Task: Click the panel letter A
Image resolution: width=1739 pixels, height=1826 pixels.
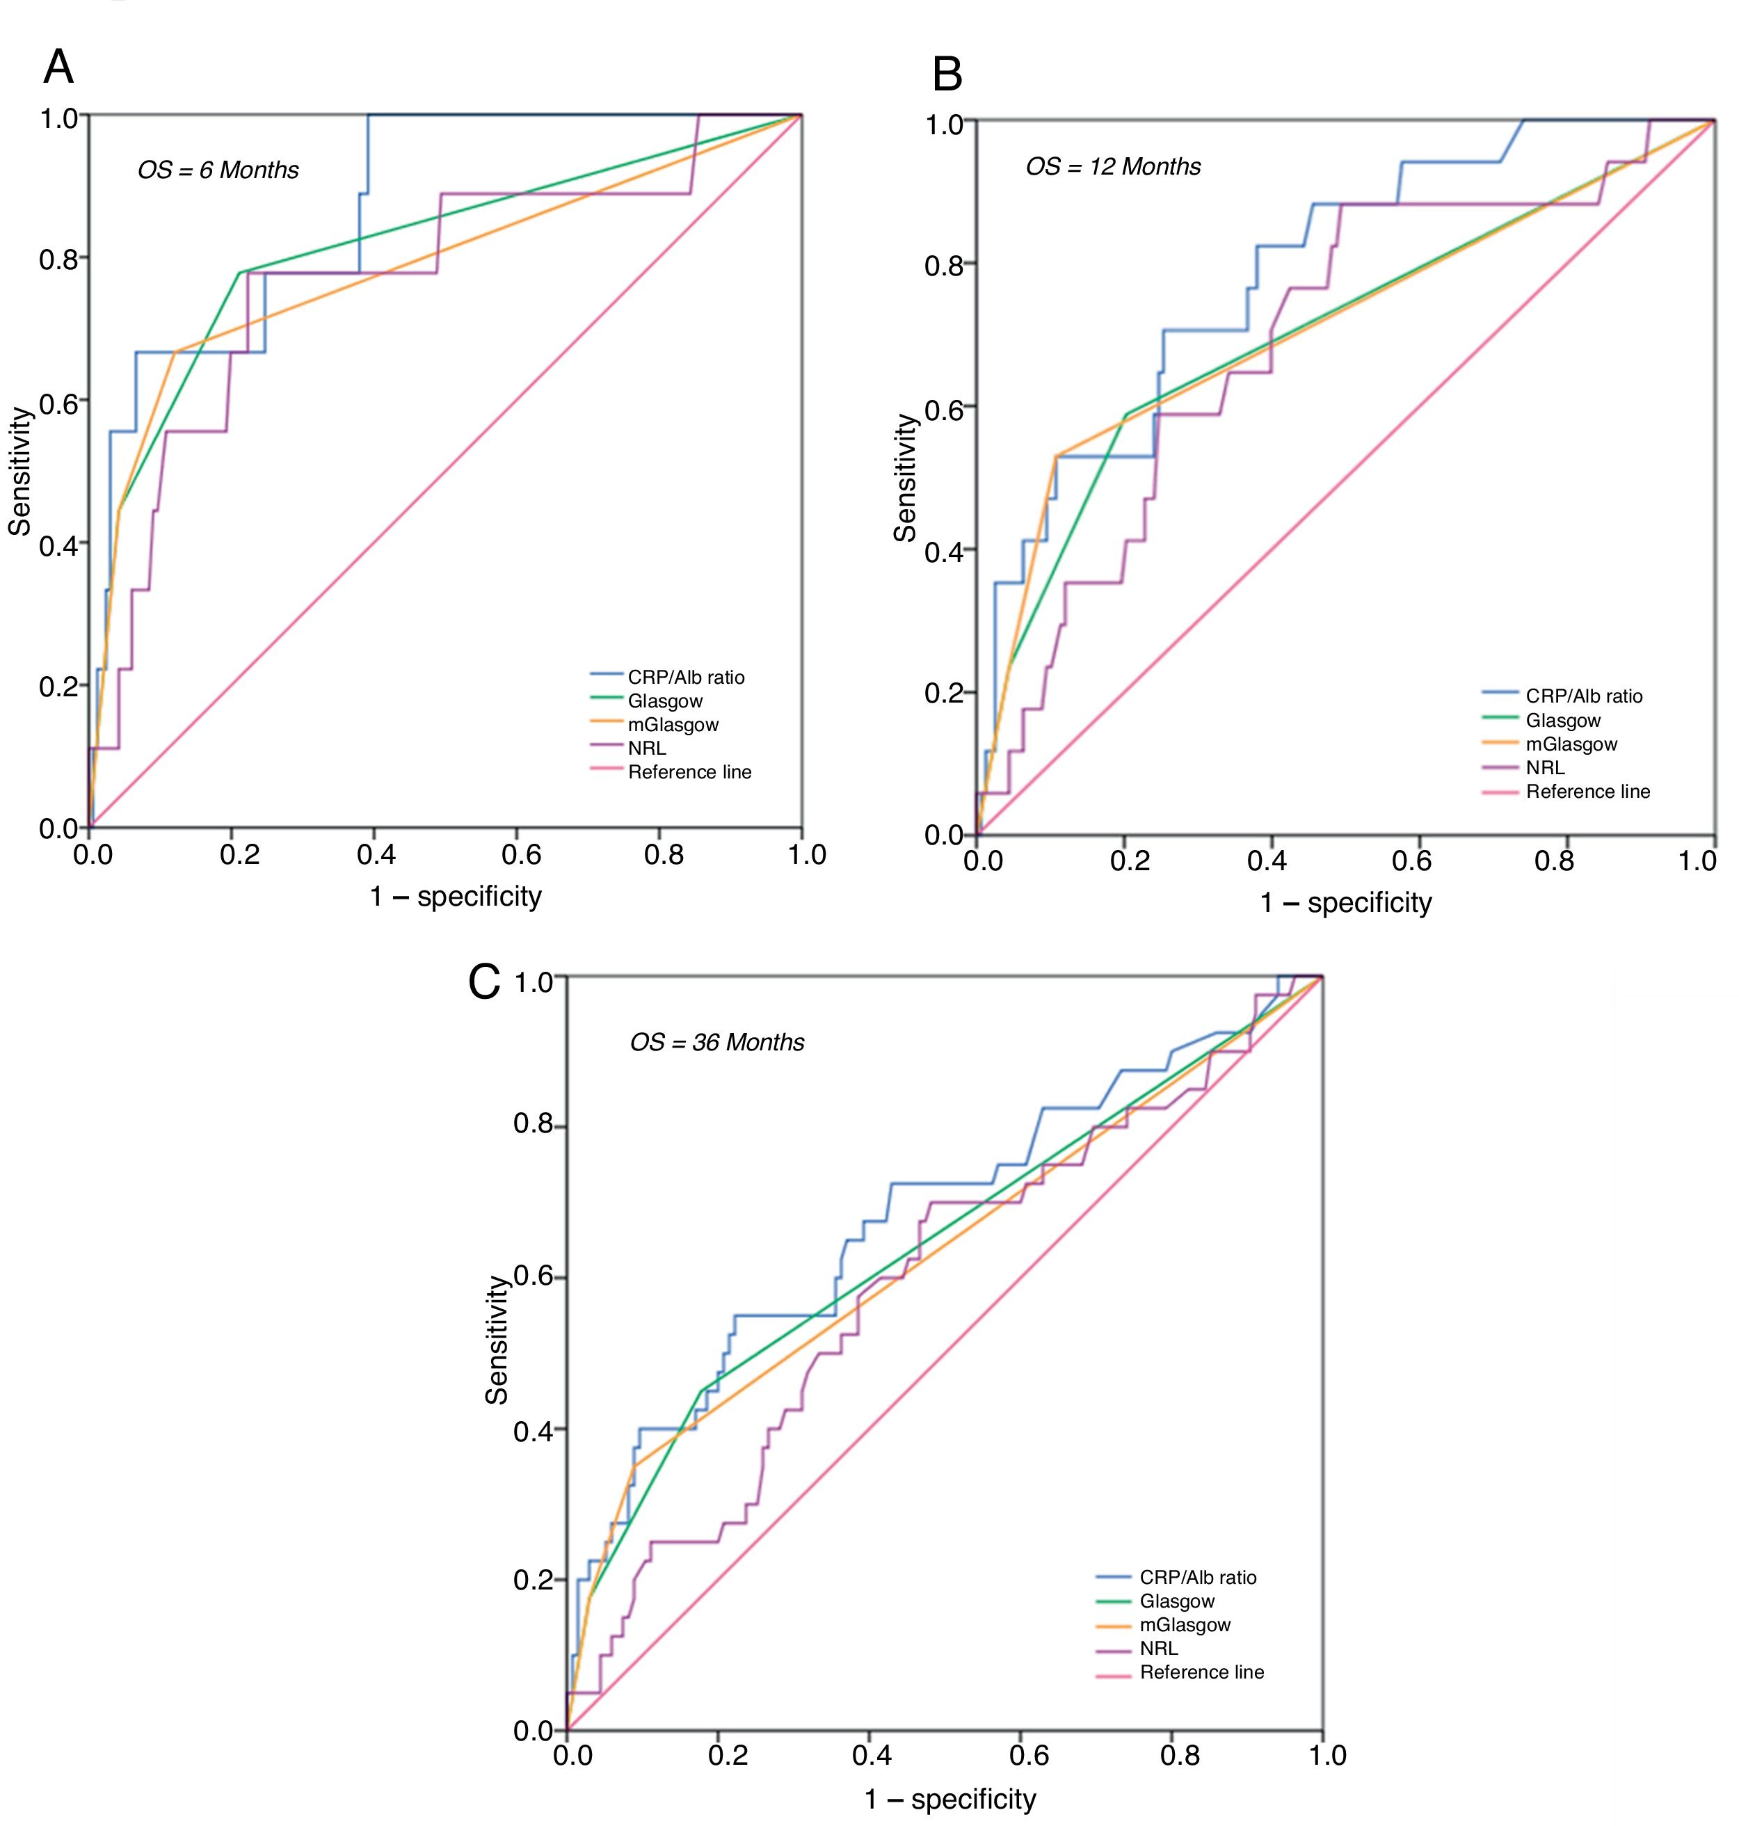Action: point(58,67)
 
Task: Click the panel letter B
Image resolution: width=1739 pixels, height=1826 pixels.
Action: point(947,74)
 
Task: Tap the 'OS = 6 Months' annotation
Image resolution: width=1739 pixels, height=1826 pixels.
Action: point(218,170)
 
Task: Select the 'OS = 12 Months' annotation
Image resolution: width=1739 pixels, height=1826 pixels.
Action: point(1112,167)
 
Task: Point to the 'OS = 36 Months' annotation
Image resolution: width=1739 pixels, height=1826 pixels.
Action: point(716,1043)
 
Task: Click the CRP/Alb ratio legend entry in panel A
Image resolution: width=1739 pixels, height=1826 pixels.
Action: point(685,678)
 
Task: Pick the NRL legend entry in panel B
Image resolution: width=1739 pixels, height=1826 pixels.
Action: point(1544,767)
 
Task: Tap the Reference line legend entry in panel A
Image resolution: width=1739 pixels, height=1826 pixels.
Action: point(689,772)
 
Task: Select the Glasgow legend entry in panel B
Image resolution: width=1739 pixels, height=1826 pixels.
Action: point(1563,720)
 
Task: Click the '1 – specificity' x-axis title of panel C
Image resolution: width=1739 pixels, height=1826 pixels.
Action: point(950,1799)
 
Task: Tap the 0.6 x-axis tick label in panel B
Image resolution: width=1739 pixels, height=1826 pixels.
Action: point(1411,861)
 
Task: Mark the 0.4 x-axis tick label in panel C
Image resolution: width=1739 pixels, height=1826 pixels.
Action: point(872,1754)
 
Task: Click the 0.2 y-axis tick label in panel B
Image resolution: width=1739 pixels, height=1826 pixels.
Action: point(944,692)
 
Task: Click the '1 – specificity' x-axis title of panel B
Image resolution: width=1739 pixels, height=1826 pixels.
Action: point(1345,903)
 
